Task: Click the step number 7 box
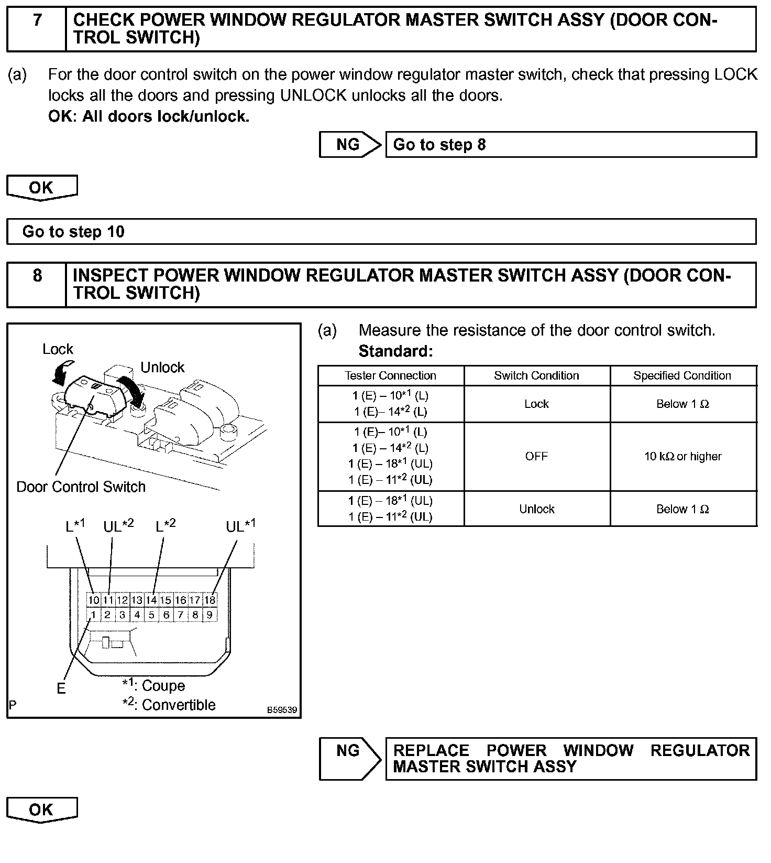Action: point(37,29)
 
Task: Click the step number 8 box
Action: point(37,285)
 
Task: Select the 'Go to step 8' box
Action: point(571,145)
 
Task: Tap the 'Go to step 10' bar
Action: point(381,232)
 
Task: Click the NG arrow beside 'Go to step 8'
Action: point(350,145)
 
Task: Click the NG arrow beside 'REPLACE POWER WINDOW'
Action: point(350,758)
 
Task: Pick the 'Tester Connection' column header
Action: point(391,375)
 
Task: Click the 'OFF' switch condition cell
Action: point(536,456)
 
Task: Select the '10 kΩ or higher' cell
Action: point(682,456)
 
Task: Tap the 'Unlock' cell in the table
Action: point(536,509)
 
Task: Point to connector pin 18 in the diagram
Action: point(210,600)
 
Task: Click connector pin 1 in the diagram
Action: point(93,615)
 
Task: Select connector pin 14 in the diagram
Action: point(151,600)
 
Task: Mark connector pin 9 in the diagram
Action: point(210,615)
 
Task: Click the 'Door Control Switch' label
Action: point(81,487)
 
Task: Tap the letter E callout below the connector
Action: point(61,688)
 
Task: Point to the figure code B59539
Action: point(282,710)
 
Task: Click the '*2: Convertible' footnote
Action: point(169,705)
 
